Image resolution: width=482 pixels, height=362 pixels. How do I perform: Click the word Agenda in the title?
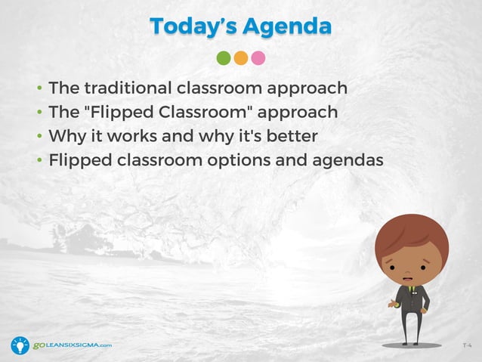[x=290, y=26]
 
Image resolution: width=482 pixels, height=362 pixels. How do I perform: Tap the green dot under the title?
[x=224, y=58]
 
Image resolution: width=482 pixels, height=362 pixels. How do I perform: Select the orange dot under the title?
[x=241, y=58]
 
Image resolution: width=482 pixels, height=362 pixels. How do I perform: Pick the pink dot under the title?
[x=258, y=58]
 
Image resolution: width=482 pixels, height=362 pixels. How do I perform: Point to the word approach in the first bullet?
[x=310, y=88]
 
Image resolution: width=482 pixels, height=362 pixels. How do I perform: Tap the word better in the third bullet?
[x=292, y=137]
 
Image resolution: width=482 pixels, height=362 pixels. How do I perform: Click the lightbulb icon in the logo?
[x=20, y=345]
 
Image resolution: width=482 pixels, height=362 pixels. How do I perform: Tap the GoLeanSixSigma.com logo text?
[x=72, y=345]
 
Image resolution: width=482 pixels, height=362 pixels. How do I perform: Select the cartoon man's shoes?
[x=412, y=342]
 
